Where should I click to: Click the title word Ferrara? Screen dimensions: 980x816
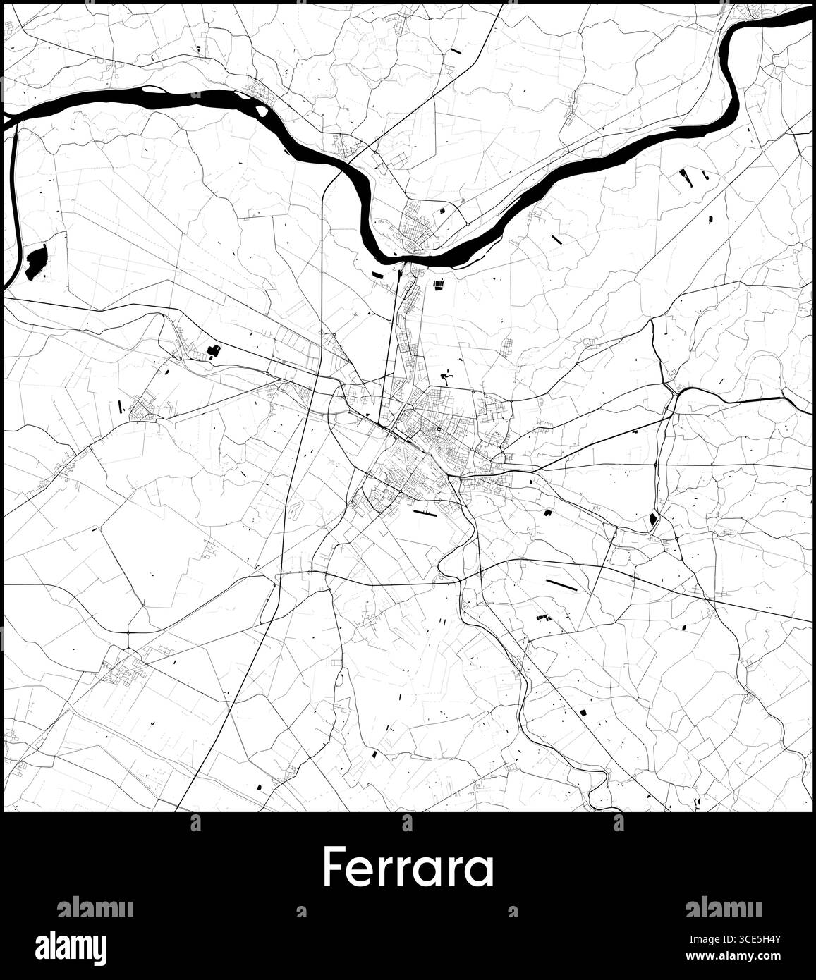click(408, 869)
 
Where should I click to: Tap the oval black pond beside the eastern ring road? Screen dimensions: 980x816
click(652, 521)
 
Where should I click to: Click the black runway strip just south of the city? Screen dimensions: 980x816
click(425, 513)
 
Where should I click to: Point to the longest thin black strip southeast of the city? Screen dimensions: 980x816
click(561, 584)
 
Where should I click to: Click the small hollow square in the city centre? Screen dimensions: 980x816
click(438, 429)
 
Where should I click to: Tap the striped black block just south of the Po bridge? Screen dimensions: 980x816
click(439, 283)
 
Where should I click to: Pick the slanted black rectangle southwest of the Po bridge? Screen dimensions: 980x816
click(377, 274)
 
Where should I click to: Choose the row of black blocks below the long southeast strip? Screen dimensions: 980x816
click(542, 618)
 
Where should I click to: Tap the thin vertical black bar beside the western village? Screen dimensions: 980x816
click(121, 405)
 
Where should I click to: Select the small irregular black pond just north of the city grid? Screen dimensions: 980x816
click(445, 376)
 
